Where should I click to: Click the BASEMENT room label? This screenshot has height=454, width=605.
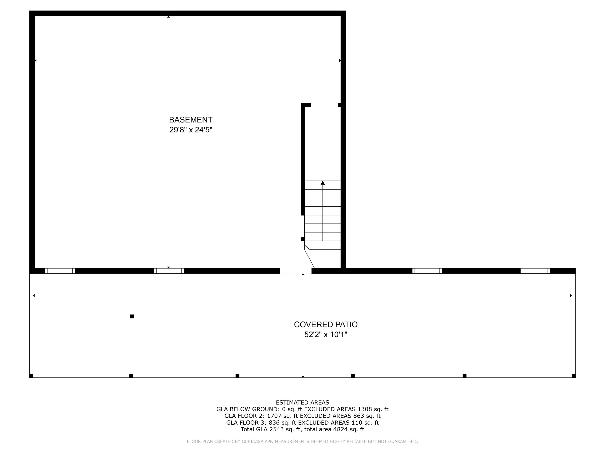pos(191,120)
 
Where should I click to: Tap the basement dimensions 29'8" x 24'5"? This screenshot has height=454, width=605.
pos(191,130)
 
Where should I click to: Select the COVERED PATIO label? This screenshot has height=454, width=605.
pos(326,325)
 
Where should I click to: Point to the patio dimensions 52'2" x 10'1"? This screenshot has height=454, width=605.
pos(326,334)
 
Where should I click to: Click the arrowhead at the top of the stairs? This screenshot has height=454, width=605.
pos(323,183)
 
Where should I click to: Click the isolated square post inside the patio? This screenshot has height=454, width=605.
pos(132,316)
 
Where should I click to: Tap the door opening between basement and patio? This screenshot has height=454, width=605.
pos(296,271)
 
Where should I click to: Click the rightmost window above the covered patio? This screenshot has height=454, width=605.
pos(535,271)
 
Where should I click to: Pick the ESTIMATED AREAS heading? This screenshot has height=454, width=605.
pos(302,402)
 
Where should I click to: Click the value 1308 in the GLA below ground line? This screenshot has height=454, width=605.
pos(364,409)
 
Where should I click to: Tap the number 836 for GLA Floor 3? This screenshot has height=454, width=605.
pos(274,423)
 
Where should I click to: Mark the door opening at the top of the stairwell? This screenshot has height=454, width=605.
pos(325,105)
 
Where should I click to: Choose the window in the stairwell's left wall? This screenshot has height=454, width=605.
pos(303,226)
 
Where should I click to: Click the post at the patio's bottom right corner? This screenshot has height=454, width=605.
pos(574,376)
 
